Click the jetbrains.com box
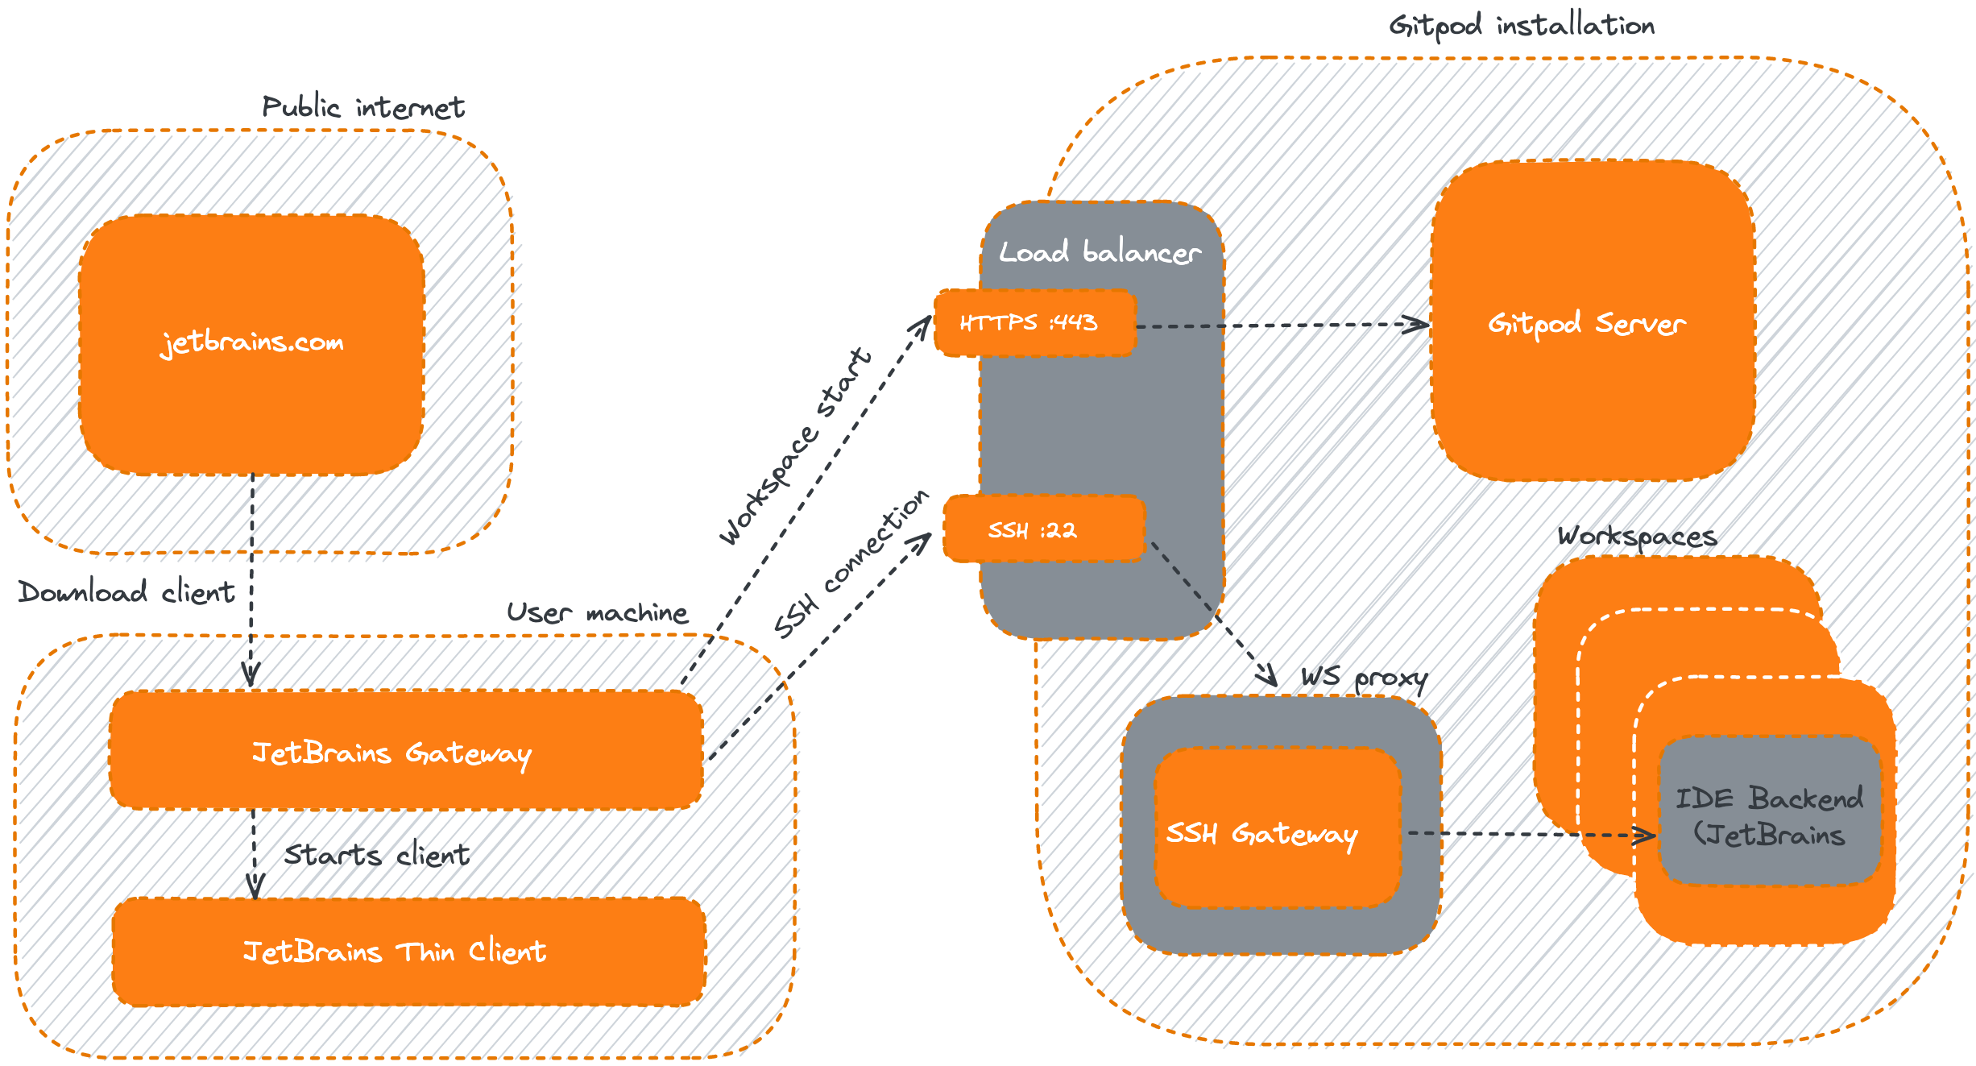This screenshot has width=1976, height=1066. coord(251,344)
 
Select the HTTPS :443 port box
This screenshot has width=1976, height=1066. coord(1034,323)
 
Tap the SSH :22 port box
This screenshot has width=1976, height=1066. coord(1043,529)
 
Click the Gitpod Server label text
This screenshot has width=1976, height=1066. coord(1586,324)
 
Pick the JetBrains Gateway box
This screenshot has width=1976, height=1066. coord(405,751)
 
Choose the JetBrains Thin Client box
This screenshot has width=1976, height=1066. coord(408,952)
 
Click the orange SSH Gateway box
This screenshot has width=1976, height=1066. coord(1277,830)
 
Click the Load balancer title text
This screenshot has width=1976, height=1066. coord(1100,252)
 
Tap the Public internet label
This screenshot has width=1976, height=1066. coord(362,107)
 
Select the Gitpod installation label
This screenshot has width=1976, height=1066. coord(1521,26)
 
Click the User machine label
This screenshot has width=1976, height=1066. coord(597,613)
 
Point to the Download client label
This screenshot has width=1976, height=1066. coord(126,592)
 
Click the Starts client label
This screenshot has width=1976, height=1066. coord(377,854)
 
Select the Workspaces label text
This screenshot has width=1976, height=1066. coord(1635,536)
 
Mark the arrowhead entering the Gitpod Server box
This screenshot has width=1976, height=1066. coord(1418,326)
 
